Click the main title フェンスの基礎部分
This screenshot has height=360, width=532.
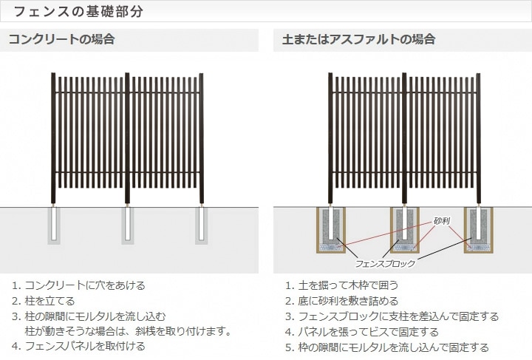click(x=78, y=11)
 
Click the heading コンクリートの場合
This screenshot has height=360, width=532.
click(x=61, y=39)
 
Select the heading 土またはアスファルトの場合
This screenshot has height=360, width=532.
click(x=358, y=39)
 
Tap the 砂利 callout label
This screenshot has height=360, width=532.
click(x=442, y=221)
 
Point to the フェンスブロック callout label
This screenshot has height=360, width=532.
click(x=385, y=264)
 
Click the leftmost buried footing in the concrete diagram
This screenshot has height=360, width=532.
click(x=54, y=225)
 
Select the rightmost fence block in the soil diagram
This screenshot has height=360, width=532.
click(x=478, y=230)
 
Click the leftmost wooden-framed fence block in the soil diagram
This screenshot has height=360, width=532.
click(x=331, y=230)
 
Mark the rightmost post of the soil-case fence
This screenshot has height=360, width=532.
click(x=478, y=138)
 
